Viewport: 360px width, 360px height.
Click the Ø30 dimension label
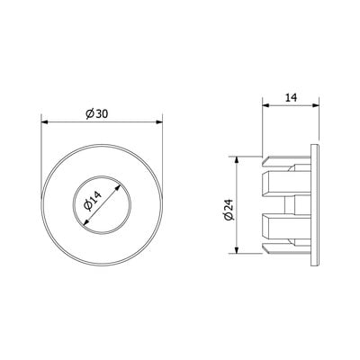(x=97, y=114)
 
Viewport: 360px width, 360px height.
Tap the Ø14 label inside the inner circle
(x=93, y=201)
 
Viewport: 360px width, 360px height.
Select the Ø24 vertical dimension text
(x=229, y=210)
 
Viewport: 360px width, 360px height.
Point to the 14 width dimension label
(x=291, y=98)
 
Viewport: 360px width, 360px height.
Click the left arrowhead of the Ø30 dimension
(x=44, y=121)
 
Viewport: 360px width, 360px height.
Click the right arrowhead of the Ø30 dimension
(x=159, y=121)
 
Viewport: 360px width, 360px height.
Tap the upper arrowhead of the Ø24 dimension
(x=237, y=160)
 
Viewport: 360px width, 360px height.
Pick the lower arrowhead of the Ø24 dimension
(x=237, y=249)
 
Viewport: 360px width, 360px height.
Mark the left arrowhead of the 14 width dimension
(x=266, y=105)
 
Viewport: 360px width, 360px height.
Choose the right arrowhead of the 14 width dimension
(x=315, y=105)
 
